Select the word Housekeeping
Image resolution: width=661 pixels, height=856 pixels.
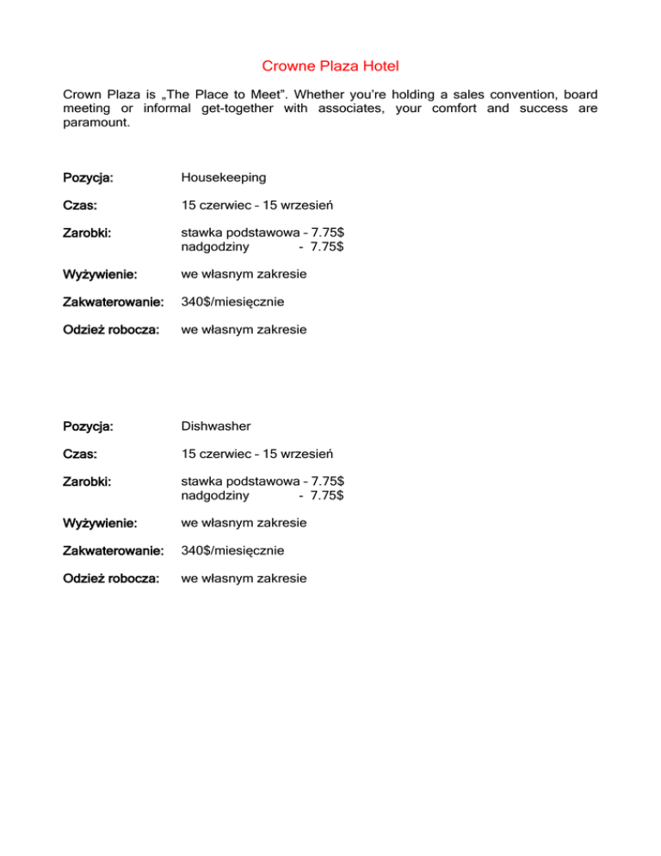tap(224, 177)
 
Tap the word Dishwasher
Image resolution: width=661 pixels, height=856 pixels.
tap(215, 425)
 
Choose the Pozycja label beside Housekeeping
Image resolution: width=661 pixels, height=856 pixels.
tap(88, 178)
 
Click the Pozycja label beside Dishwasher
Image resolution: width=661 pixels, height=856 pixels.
tap(88, 426)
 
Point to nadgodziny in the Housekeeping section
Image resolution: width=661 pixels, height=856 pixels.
tap(215, 247)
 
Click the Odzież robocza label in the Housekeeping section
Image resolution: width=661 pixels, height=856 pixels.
tap(110, 330)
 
